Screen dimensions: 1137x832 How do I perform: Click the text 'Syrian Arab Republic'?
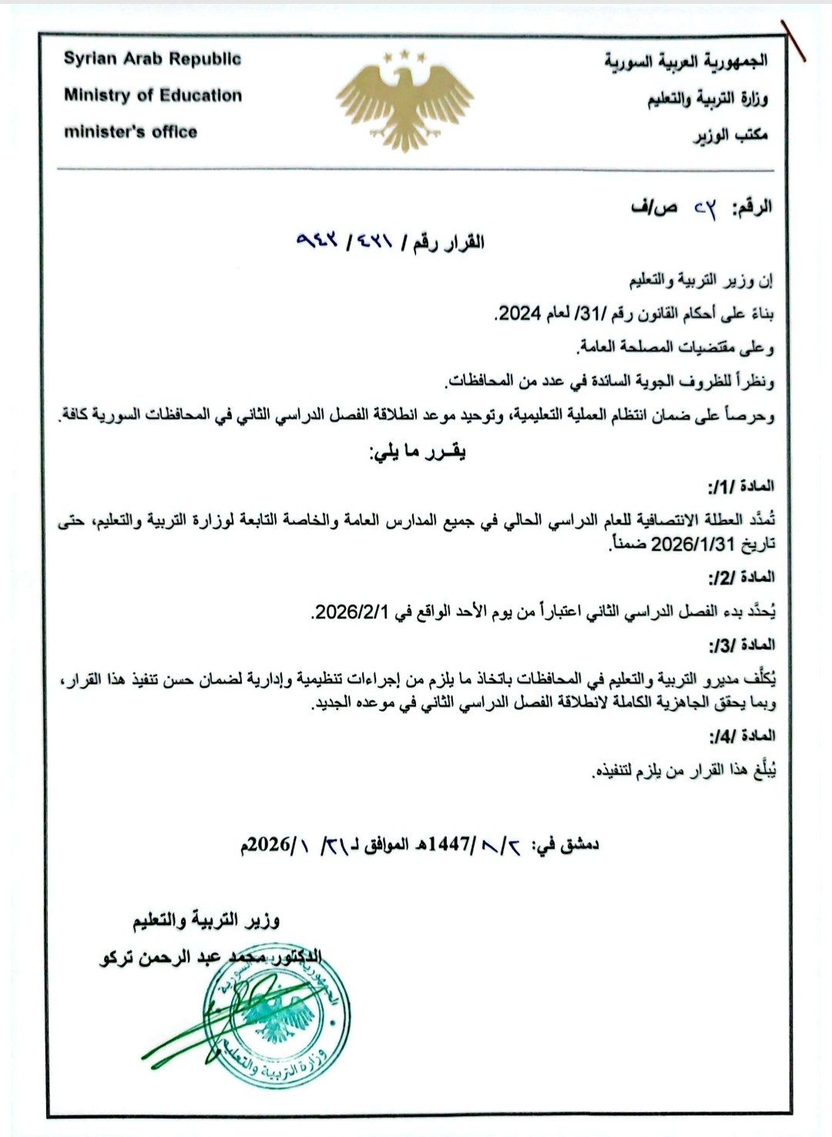(x=153, y=59)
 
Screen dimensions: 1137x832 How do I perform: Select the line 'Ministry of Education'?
(x=153, y=96)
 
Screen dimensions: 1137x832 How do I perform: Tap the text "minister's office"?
(x=130, y=132)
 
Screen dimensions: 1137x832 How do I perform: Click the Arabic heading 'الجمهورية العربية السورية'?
(x=686, y=61)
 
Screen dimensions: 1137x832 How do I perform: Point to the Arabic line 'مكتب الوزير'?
(x=732, y=135)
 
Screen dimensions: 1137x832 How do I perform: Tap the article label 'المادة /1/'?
(x=741, y=486)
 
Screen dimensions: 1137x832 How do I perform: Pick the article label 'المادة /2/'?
(x=741, y=577)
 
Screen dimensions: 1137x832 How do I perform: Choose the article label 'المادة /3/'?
(x=741, y=644)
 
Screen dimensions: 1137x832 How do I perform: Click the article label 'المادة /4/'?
(x=741, y=736)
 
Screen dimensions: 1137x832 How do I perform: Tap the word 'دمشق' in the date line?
(x=579, y=844)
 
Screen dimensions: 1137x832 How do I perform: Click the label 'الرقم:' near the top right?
(x=751, y=207)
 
